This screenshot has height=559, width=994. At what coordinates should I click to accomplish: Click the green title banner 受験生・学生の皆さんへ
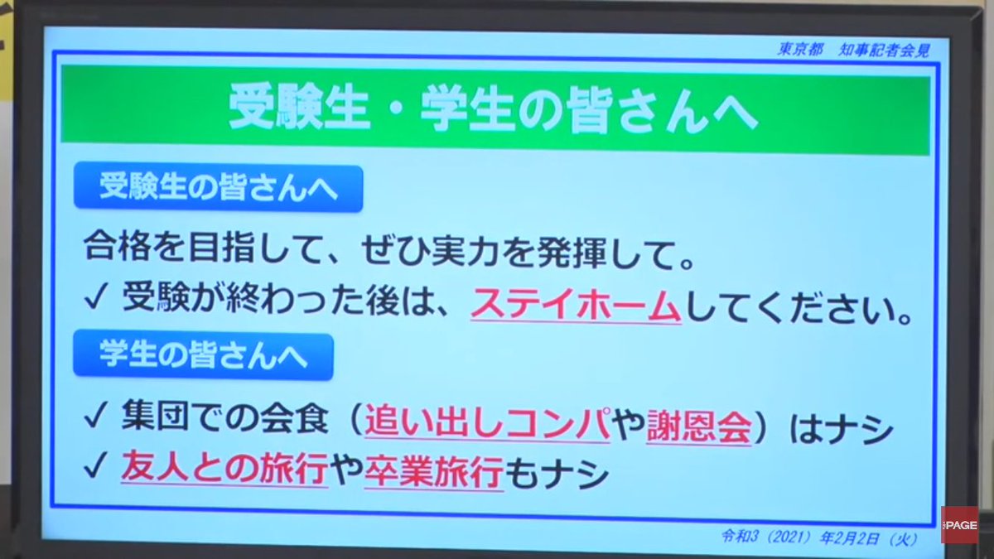coord(495,111)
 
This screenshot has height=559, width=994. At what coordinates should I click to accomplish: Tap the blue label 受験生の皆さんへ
coord(218,189)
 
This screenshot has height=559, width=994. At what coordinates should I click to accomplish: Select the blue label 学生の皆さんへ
coord(203,356)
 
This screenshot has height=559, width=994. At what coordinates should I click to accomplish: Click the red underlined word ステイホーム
coord(576,306)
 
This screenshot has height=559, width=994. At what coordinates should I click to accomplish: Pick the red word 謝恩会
coord(699,429)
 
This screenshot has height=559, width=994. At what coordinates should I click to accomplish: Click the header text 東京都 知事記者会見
coord(853,50)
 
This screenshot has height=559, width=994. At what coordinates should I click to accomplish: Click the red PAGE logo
coord(958,525)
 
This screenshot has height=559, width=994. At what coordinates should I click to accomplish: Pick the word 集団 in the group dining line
coord(152,429)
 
